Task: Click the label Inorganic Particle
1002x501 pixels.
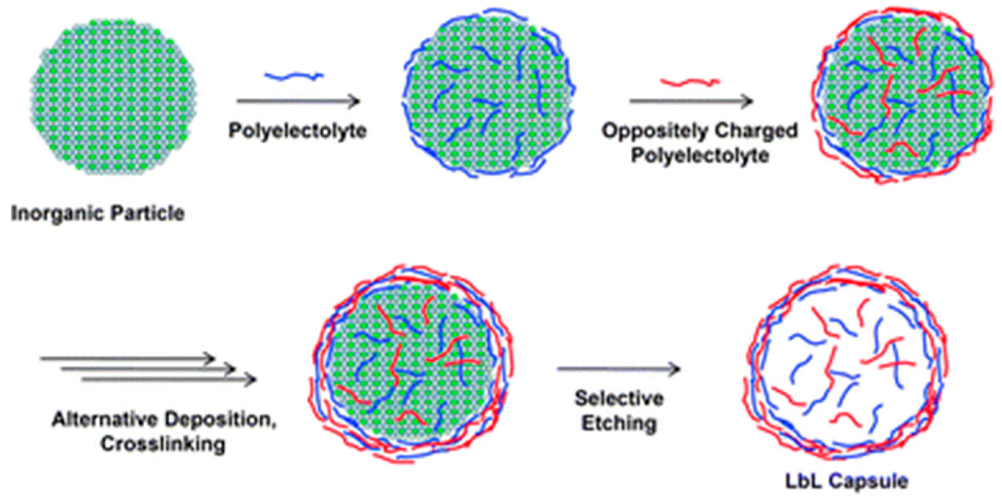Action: tap(98, 213)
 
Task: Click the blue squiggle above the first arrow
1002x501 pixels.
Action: tap(294, 76)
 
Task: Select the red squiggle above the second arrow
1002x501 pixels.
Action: tap(690, 83)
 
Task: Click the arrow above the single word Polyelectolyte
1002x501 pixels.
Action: tap(298, 101)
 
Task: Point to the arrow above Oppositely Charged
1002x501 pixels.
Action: tap(691, 101)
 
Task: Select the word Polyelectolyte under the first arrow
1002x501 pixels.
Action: tap(298, 131)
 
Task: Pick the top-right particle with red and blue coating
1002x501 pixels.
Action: tap(904, 95)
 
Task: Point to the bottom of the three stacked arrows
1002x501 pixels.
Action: tap(169, 379)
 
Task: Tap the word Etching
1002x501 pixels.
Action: tap(619, 423)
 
